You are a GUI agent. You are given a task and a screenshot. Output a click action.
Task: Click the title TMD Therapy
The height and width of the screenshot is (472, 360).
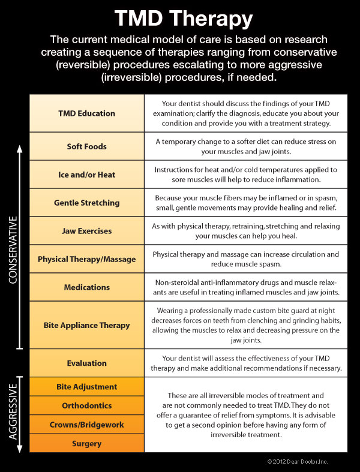[184, 19]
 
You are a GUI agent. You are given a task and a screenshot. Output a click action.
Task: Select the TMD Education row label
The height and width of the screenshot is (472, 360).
[87, 113]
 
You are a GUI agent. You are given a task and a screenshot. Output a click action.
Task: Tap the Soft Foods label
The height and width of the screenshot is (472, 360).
[87, 146]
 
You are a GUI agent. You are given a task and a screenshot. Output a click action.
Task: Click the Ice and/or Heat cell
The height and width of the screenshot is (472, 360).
[87, 175]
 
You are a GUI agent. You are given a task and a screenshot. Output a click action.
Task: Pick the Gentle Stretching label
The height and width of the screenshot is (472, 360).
[87, 203]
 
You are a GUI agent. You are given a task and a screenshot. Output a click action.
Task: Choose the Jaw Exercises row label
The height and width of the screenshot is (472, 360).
[87, 231]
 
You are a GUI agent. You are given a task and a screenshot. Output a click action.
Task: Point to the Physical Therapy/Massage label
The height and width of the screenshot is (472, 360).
[87, 259]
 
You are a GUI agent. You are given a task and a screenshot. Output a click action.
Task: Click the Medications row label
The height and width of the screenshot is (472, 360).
[87, 287]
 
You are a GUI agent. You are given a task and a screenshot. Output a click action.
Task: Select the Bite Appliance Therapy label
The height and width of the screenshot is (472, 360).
[87, 326]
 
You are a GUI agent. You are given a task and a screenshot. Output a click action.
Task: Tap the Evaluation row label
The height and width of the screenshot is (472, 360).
[87, 363]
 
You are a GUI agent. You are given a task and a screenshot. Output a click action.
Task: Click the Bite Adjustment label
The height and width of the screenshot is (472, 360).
[87, 387]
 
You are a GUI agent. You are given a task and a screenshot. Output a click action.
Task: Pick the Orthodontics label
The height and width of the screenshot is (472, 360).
[87, 405]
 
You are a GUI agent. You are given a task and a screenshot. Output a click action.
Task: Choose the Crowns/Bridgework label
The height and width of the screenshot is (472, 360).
[87, 425]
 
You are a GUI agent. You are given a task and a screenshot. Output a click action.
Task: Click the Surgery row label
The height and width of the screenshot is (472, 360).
[87, 444]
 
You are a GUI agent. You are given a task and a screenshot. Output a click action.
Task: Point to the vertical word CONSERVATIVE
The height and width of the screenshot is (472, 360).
[13, 250]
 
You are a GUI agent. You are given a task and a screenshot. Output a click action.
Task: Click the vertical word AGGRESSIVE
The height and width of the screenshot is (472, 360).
[13, 411]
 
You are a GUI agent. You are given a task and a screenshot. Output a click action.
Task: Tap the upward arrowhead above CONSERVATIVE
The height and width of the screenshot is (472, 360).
[20, 149]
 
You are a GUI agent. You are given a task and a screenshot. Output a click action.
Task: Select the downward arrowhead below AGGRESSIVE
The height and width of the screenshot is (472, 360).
[20, 449]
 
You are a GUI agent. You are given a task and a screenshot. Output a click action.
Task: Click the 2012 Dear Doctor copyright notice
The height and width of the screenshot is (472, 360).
[298, 461]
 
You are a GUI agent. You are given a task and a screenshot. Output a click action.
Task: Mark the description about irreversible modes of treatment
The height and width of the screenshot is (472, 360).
[245, 415]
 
